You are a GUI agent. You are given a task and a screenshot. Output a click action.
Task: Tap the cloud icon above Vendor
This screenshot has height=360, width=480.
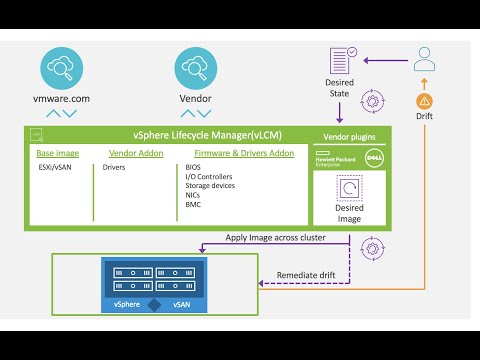pos(195,68)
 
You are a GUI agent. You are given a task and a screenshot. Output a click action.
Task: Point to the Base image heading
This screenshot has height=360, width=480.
pos(58,153)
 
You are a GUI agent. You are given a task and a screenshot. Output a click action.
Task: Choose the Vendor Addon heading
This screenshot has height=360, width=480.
pos(129,153)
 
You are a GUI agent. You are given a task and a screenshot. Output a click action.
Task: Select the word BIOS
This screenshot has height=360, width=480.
pos(193,167)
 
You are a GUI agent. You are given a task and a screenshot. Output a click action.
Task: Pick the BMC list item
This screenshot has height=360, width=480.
pos(193,203)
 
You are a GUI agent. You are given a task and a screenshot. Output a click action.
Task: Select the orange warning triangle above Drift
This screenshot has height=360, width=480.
pos(425,101)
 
